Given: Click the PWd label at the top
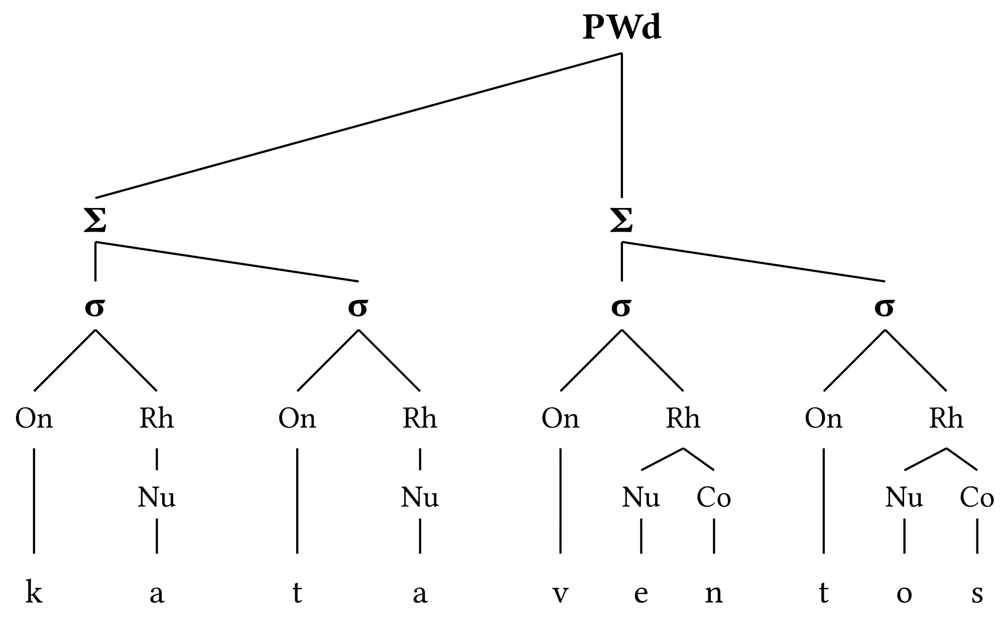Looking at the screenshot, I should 621,28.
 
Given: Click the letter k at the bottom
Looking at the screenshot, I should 34,593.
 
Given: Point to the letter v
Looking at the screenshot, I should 560,594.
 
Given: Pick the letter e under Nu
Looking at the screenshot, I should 641,594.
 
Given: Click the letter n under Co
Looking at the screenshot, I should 714,594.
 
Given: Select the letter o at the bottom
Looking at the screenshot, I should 904,594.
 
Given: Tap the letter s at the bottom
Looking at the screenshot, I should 977,594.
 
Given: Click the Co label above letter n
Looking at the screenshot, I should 714,497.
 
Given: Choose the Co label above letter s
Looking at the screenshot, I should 977,497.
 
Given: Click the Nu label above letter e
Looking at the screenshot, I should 641,497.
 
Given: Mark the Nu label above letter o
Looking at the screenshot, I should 904,497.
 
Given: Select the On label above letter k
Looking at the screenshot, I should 34,418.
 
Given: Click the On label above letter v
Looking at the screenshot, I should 560,418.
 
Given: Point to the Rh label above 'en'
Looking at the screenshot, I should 683,418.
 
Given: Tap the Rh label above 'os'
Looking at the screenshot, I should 946,418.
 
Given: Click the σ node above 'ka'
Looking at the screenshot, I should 95,307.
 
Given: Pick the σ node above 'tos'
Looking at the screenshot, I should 885,307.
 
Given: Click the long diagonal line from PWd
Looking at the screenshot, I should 359,125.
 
